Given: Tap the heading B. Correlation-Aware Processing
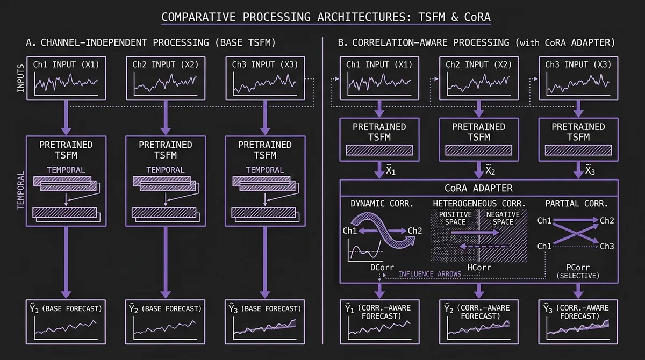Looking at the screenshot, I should pos(476,42).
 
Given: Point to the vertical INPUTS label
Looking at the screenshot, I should pos(21,78).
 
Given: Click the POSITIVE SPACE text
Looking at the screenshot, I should pos(455,218).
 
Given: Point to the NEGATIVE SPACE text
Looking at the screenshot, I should pos(503,218).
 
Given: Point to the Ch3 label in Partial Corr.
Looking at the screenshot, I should pos(606,246).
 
